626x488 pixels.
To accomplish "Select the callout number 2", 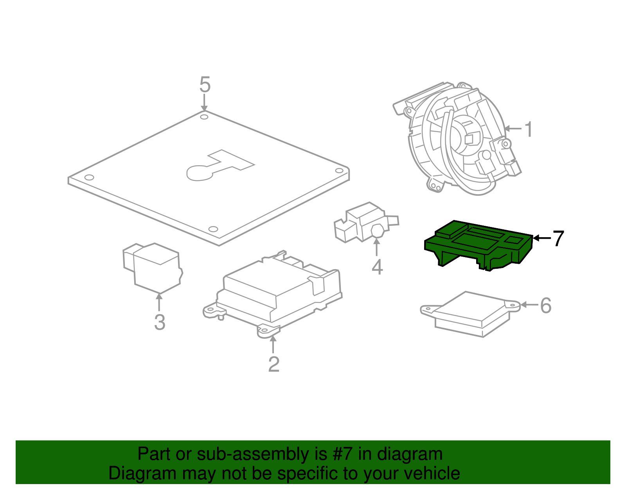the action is point(273,365).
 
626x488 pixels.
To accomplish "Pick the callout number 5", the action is point(205,84).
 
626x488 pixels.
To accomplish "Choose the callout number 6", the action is point(546,306).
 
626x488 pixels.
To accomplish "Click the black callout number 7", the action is point(558,238).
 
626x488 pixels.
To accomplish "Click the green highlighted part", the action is point(478,245).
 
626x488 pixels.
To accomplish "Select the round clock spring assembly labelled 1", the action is point(457,138).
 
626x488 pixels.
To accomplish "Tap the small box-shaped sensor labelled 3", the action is point(153,268).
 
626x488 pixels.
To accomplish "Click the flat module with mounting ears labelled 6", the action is point(470,314).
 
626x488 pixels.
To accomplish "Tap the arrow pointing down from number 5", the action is point(204,103).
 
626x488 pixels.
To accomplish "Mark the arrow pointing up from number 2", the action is point(273,344).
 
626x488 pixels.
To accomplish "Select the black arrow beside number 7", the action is point(542,238).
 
